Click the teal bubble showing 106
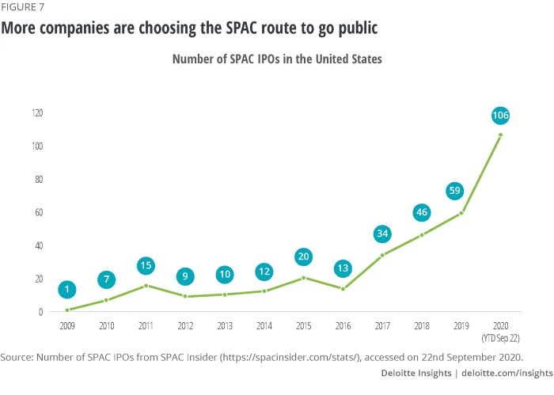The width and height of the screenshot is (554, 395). [x=499, y=116]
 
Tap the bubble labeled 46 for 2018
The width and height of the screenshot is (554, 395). [x=421, y=213]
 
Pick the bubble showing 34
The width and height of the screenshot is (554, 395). [x=381, y=234]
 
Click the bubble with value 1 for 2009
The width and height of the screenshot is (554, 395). [x=67, y=290]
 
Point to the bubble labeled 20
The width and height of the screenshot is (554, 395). [x=303, y=257]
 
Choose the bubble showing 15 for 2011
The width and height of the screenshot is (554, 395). [x=146, y=266]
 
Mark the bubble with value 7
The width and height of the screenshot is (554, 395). [x=107, y=279]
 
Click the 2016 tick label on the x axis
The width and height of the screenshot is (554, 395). [x=343, y=325]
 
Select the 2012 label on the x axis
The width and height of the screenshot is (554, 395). [x=185, y=325]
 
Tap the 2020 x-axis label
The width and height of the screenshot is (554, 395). [x=499, y=325]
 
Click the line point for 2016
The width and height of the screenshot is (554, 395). [x=343, y=288]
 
